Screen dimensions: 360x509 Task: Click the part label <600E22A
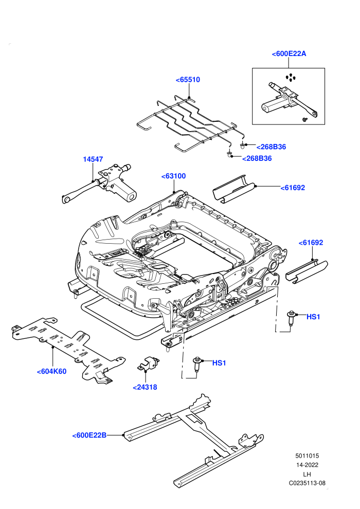point(289,54)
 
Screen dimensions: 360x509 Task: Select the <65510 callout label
point(188,80)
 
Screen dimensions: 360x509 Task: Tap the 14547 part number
point(93,159)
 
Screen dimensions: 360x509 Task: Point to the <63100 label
point(174,176)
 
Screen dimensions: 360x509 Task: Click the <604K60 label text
point(51,372)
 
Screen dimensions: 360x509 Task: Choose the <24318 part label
point(145,387)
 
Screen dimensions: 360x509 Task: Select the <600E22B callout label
point(89,435)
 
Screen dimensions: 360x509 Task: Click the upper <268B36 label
point(272,147)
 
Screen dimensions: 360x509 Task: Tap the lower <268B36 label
point(257,159)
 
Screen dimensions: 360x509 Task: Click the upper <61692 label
point(293,188)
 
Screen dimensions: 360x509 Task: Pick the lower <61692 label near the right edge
point(311,243)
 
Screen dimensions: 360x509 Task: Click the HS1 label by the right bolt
point(313,317)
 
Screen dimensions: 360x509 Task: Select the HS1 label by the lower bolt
point(219,363)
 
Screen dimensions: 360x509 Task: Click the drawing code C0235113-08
point(307,483)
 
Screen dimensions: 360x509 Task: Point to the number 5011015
point(307,456)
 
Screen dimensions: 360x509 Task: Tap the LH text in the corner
point(307,474)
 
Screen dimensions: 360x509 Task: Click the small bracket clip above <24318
point(148,363)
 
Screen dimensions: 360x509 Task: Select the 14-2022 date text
point(307,465)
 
